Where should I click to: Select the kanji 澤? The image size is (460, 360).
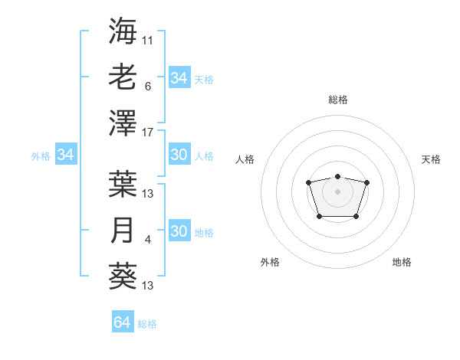point(123,123)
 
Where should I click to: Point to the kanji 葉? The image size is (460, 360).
point(123,184)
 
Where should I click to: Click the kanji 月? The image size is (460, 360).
point(123,230)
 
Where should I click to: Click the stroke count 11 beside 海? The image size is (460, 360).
point(148,40)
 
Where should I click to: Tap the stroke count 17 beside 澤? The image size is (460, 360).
point(148,132)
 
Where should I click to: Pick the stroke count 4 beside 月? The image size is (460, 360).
point(148,240)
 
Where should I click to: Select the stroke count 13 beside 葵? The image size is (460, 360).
point(148,286)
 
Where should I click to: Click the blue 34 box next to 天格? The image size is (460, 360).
point(179,78)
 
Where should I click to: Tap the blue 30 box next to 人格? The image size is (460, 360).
point(179,155)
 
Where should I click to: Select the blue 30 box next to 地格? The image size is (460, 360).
point(179,231)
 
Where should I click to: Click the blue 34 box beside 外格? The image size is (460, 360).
point(65,155)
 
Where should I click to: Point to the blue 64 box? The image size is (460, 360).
point(122,322)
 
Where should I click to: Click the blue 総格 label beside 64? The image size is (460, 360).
point(147,324)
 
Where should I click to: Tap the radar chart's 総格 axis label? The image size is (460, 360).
point(337,100)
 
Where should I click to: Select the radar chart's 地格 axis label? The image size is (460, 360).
point(402,262)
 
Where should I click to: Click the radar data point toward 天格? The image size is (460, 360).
point(366,182)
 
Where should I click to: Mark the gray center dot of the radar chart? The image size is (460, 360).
point(337,191)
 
